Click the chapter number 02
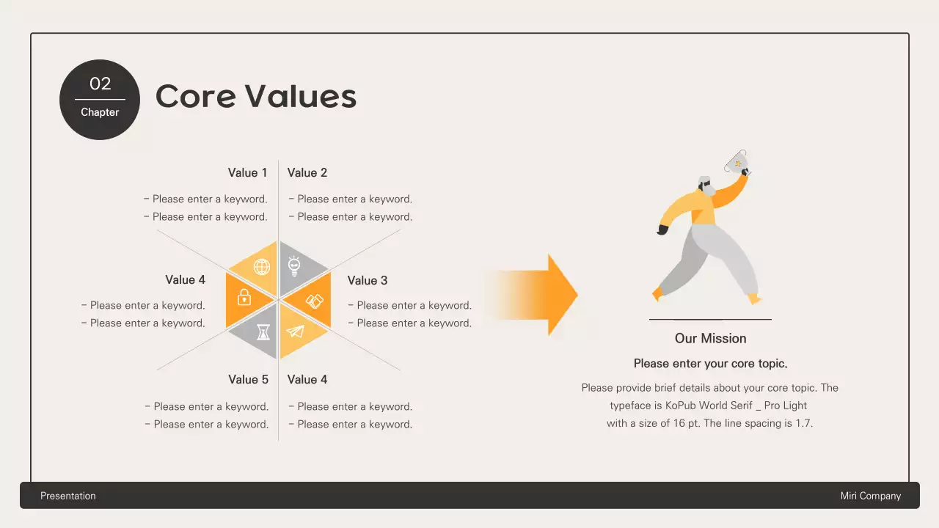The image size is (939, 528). click(x=100, y=84)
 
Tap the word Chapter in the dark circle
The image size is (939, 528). click(x=100, y=112)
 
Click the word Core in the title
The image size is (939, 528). click(x=194, y=96)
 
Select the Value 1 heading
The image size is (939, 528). click(x=247, y=173)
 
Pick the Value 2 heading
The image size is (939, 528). click(x=307, y=173)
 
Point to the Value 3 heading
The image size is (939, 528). click(x=368, y=281)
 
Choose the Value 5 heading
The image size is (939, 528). click(x=248, y=380)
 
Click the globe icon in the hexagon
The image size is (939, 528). click(x=262, y=267)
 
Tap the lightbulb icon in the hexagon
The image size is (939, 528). click(x=295, y=265)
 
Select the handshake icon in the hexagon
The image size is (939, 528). click(x=314, y=301)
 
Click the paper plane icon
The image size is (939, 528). click(x=295, y=332)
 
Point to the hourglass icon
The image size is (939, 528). click(x=263, y=333)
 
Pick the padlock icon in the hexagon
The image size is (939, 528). click(x=244, y=297)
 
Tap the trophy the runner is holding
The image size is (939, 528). click(x=737, y=161)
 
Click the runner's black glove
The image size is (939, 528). click(x=663, y=230)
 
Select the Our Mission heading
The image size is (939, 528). click(x=710, y=339)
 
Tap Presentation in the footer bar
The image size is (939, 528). click(x=68, y=496)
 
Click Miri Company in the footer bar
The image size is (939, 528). click(x=870, y=496)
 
